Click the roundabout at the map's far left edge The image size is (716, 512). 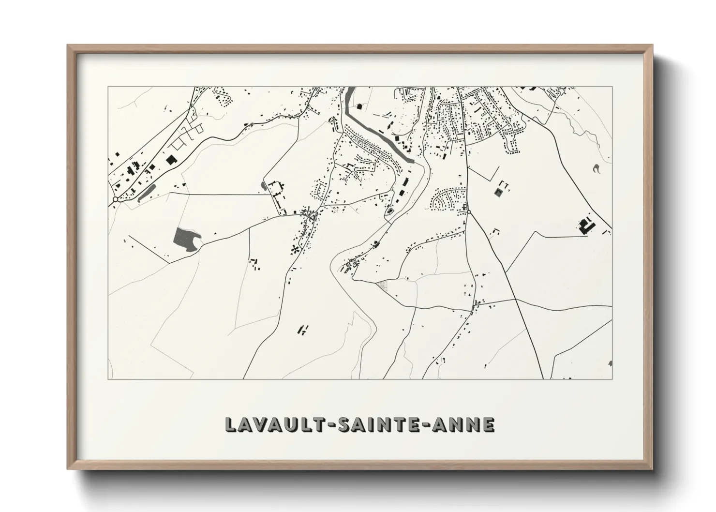115,199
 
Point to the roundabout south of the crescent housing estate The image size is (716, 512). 468,212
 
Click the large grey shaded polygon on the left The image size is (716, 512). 185,239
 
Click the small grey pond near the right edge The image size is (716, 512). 595,168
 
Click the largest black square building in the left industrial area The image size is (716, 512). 170,159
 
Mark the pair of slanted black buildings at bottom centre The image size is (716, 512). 303,330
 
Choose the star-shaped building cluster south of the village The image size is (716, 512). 294,250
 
